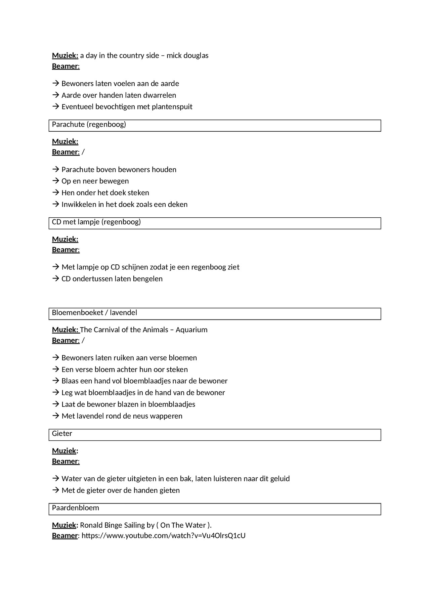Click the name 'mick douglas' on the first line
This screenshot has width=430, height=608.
coord(187,55)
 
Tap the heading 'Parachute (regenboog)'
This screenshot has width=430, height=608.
coord(89,125)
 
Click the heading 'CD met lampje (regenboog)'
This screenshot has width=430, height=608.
coord(96,222)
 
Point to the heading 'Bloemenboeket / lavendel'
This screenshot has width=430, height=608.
coord(94,313)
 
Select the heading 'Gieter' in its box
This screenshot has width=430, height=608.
coord(62,434)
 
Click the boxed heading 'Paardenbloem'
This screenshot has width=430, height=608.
coord(76,508)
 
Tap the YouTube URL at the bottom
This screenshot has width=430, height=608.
coord(163,536)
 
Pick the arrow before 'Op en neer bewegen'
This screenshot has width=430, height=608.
coord(56,181)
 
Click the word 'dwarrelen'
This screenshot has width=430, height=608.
coord(160,95)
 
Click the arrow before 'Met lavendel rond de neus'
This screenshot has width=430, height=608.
coord(56,416)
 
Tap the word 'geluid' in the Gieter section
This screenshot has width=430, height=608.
coord(279,479)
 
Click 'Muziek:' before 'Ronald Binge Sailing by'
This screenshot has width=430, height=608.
coord(65,525)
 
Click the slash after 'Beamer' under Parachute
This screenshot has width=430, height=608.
coord(83,152)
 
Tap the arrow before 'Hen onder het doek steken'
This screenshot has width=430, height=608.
coord(56,193)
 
